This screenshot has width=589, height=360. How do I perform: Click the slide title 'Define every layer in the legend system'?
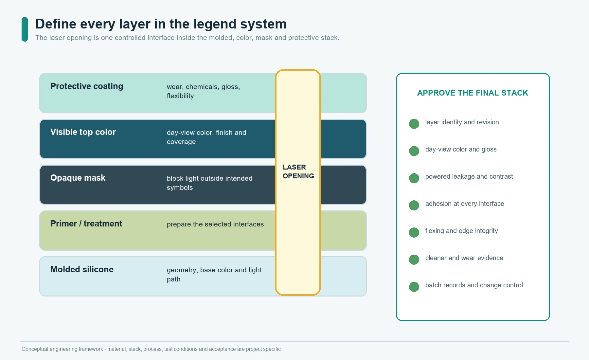tap(161, 24)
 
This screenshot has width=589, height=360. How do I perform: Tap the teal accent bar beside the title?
tap(25, 29)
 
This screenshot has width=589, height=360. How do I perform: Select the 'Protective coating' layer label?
tap(87, 86)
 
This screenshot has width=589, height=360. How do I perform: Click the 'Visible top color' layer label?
tap(83, 132)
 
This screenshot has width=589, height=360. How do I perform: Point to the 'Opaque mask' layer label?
tap(78, 178)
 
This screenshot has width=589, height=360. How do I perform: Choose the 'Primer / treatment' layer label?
tap(86, 224)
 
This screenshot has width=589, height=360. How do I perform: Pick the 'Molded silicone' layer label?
tap(82, 269)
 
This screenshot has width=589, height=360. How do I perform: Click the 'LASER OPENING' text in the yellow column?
tap(298, 171)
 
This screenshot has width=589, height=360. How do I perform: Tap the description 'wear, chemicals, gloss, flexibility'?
tap(204, 91)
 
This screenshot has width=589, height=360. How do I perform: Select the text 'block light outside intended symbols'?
tap(209, 183)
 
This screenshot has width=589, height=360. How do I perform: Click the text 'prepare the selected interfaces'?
tap(215, 224)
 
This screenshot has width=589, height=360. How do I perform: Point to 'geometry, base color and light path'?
tap(214, 275)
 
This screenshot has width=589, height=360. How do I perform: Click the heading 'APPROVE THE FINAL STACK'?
tap(473, 93)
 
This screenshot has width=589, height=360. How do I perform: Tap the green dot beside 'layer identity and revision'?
tap(414, 124)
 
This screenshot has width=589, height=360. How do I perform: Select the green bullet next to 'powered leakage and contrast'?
tap(414, 178)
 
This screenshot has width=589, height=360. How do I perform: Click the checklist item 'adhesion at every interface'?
tap(465, 204)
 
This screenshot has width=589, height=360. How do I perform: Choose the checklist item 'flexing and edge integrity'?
tap(462, 231)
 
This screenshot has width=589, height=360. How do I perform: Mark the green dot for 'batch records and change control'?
tap(414, 287)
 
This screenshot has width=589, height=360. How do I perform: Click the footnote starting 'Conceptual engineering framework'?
tap(151, 349)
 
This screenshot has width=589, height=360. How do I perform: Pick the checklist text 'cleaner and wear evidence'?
tap(464, 258)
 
